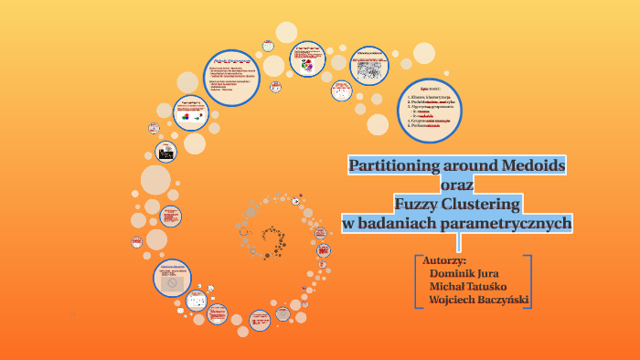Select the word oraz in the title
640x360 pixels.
457,185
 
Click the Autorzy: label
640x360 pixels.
445,259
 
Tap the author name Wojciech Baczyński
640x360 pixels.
478,300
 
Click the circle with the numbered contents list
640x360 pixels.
429,111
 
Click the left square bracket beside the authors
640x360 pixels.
418,280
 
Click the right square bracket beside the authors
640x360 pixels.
528,280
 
